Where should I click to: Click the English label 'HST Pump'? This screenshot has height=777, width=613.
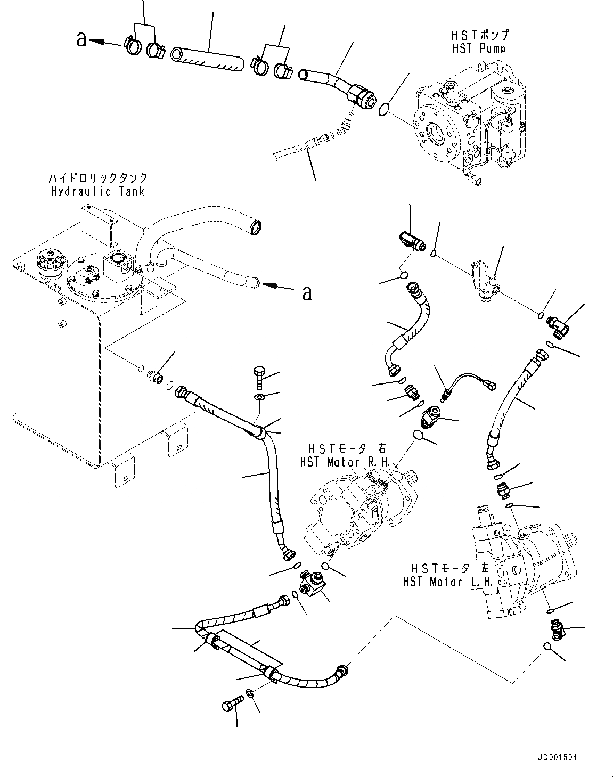point(478,48)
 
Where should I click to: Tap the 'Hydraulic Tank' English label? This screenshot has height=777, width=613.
point(98,191)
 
